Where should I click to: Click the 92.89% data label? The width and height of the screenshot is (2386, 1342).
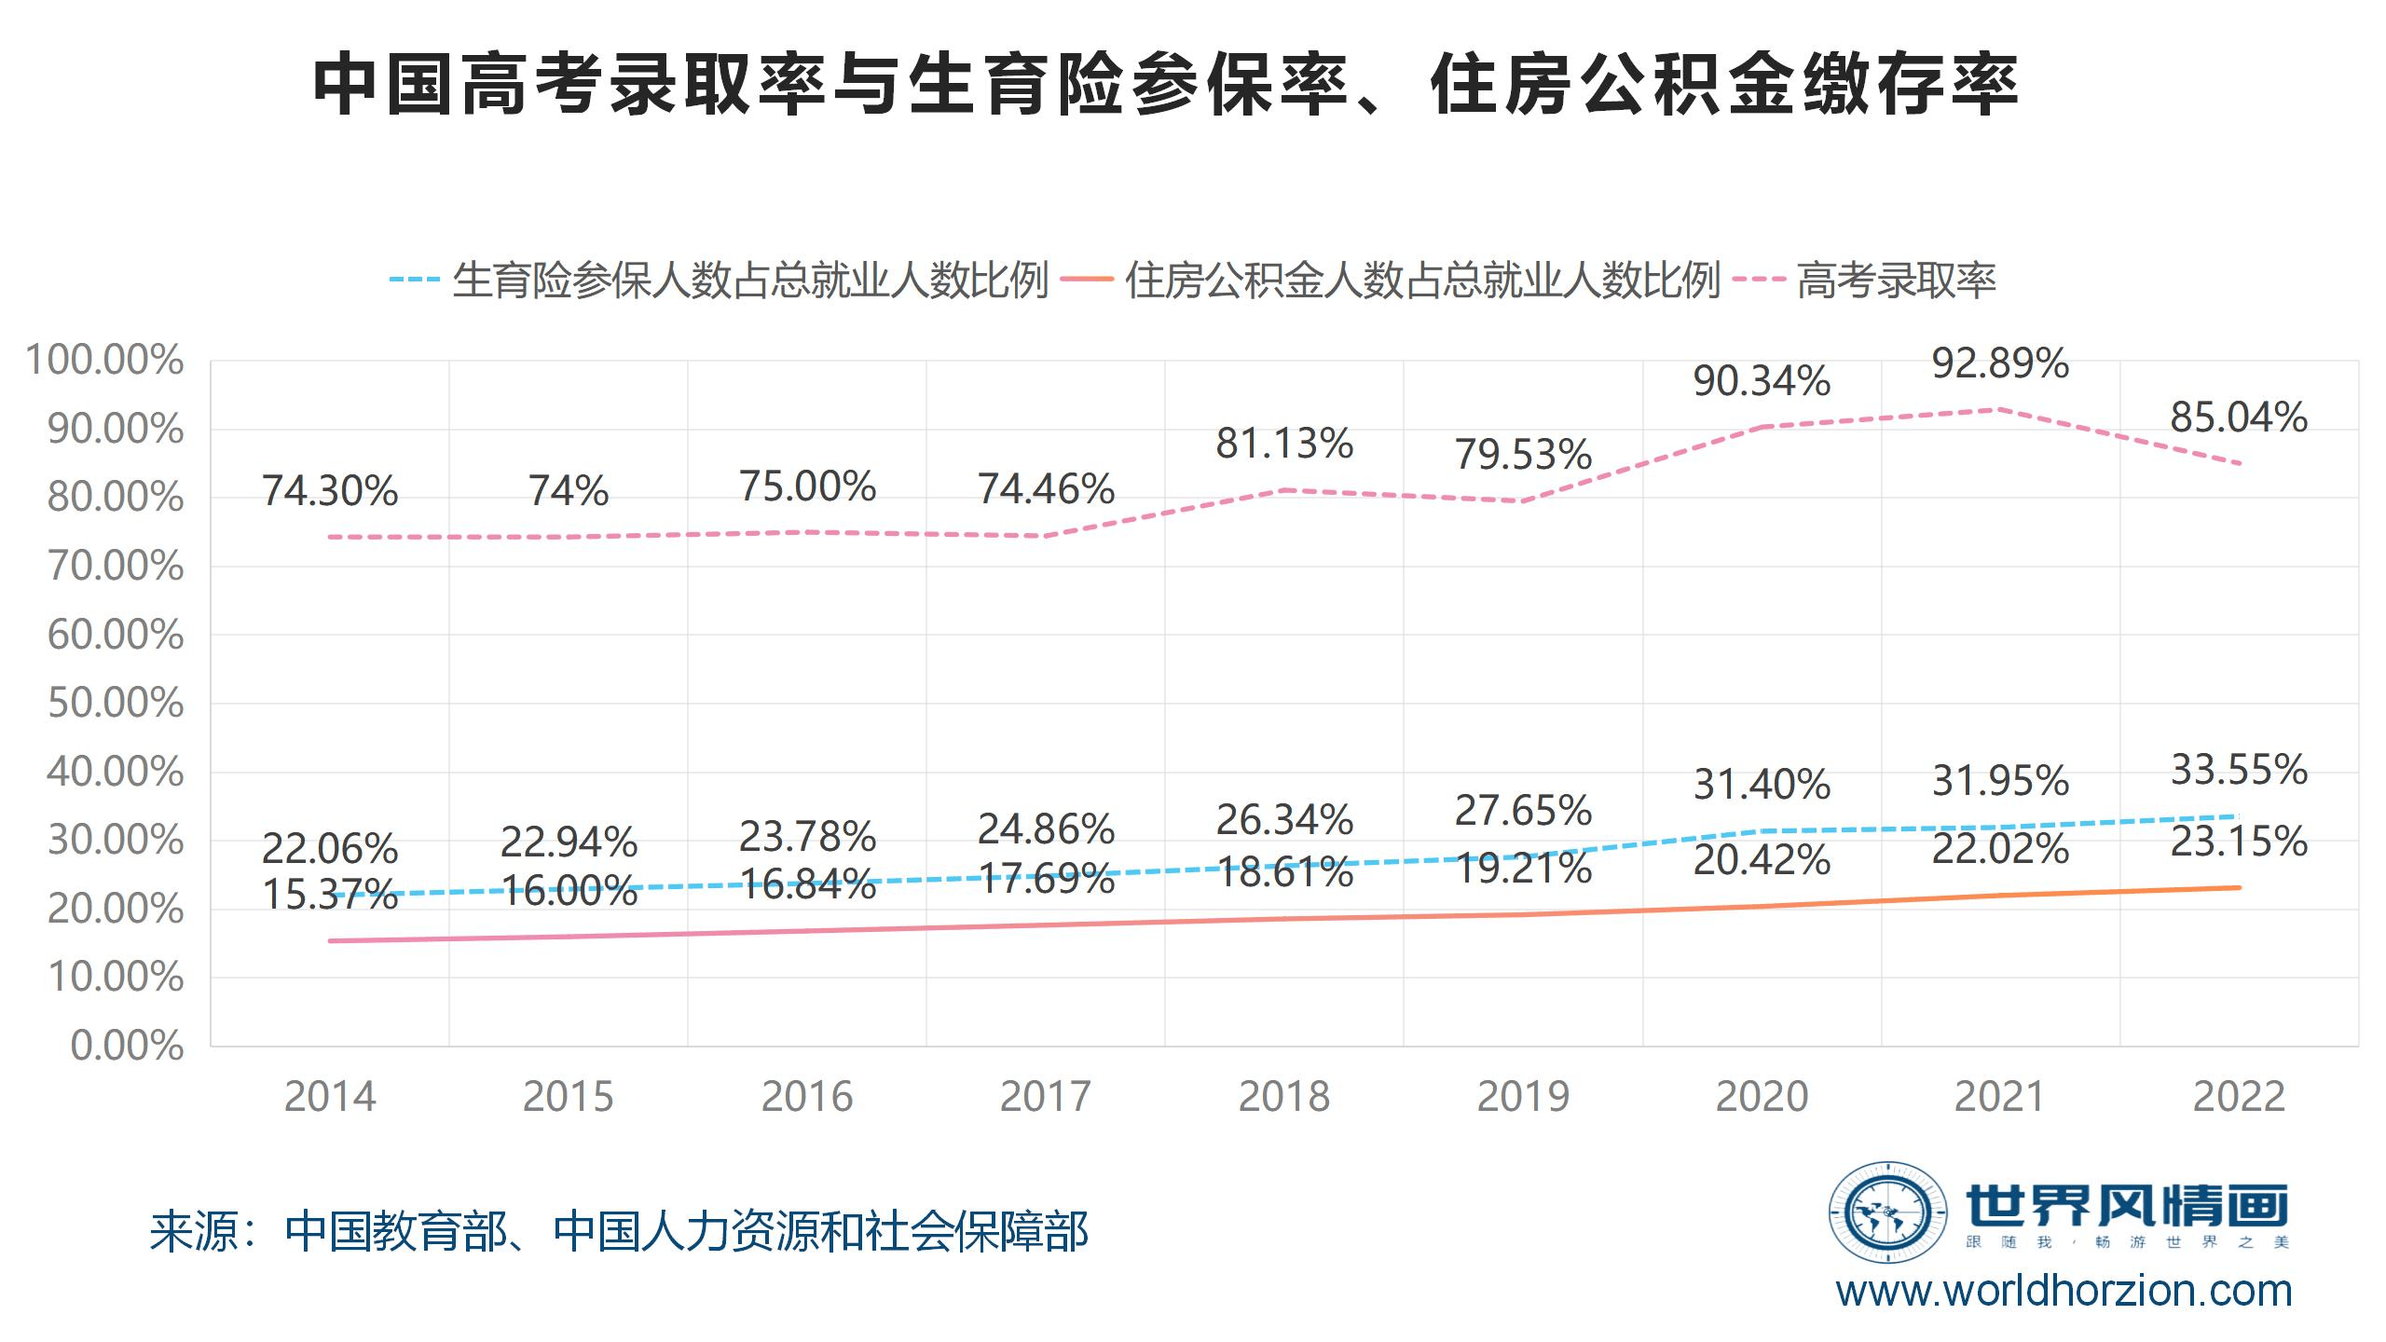(2000, 363)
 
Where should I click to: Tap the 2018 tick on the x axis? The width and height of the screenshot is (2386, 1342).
(1284, 1097)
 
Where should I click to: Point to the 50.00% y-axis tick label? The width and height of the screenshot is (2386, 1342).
(116, 704)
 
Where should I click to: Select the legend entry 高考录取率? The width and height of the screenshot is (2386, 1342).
(1896, 281)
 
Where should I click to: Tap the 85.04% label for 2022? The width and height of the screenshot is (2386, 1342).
(2239, 418)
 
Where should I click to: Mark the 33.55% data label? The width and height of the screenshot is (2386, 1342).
(2239, 770)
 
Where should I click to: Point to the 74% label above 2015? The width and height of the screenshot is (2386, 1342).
(569, 491)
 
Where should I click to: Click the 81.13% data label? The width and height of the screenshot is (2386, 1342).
(1284, 444)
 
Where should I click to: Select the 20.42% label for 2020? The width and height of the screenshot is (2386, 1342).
(1762, 860)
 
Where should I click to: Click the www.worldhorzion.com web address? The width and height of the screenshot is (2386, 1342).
(2064, 1291)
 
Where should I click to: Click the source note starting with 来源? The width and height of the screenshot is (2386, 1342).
(619, 1232)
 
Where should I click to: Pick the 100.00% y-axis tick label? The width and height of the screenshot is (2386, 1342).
(104, 361)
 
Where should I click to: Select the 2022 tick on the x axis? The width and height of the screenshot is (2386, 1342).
(2239, 1097)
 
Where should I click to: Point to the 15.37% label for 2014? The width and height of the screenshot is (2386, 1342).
(330, 896)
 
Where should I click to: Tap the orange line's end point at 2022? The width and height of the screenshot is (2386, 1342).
(2239, 887)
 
